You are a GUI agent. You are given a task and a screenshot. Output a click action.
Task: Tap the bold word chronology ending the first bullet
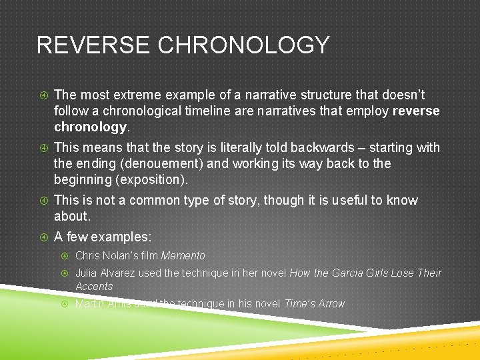coord(89,127)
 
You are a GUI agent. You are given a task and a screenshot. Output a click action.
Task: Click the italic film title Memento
coord(183,255)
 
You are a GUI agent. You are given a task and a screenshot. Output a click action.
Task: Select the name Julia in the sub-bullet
coord(87,273)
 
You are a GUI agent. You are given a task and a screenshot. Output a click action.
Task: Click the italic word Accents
coord(94,286)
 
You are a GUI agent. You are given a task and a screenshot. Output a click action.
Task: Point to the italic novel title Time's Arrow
coord(314,303)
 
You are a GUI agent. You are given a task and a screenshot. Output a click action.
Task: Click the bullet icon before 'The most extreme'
coord(43,95)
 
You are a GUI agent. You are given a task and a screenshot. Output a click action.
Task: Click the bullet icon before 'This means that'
coord(43,148)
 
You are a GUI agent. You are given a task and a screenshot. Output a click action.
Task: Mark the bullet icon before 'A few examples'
coord(43,237)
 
